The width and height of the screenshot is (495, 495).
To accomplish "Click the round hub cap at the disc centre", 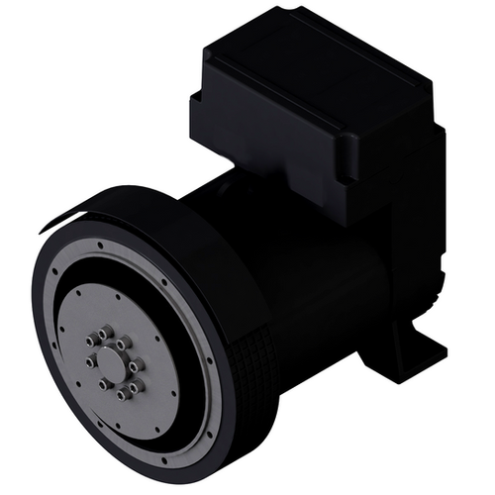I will (x=112, y=363).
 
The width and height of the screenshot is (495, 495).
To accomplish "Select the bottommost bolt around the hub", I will (x=120, y=394).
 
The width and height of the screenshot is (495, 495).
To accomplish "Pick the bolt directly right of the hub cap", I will (x=136, y=365).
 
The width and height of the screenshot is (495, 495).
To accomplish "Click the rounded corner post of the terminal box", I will (x=349, y=159).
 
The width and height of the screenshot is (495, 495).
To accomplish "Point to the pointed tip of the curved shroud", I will (x=44, y=229).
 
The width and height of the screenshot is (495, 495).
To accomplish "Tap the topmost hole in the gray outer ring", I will (x=98, y=244).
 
